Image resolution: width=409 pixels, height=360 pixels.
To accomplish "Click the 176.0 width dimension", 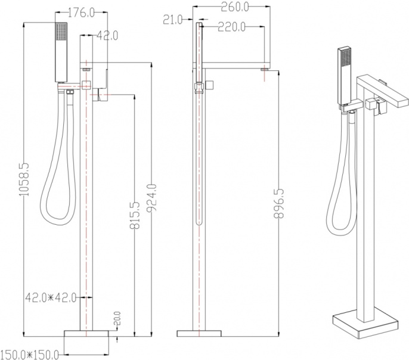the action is pyautogui.click(x=81, y=13).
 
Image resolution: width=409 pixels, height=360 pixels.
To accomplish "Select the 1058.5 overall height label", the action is pyautogui.click(x=25, y=179).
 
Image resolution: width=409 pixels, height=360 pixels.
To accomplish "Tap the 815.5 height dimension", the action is pyautogui.click(x=135, y=215).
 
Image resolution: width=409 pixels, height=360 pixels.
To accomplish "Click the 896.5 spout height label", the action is pyautogui.click(x=279, y=204).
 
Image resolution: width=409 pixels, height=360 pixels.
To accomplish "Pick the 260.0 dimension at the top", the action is pyautogui.click(x=235, y=7).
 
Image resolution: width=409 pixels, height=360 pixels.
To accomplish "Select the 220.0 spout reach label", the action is pyautogui.click(x=231, y=27).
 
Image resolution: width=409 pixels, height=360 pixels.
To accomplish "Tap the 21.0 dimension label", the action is pyautogui.click(x=173, y=20).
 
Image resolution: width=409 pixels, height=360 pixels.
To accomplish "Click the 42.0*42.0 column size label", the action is pyautogui.click(x=51, y=297).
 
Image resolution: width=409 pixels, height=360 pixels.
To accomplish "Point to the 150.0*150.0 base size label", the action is pyautogui.click(x=29, y=355).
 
